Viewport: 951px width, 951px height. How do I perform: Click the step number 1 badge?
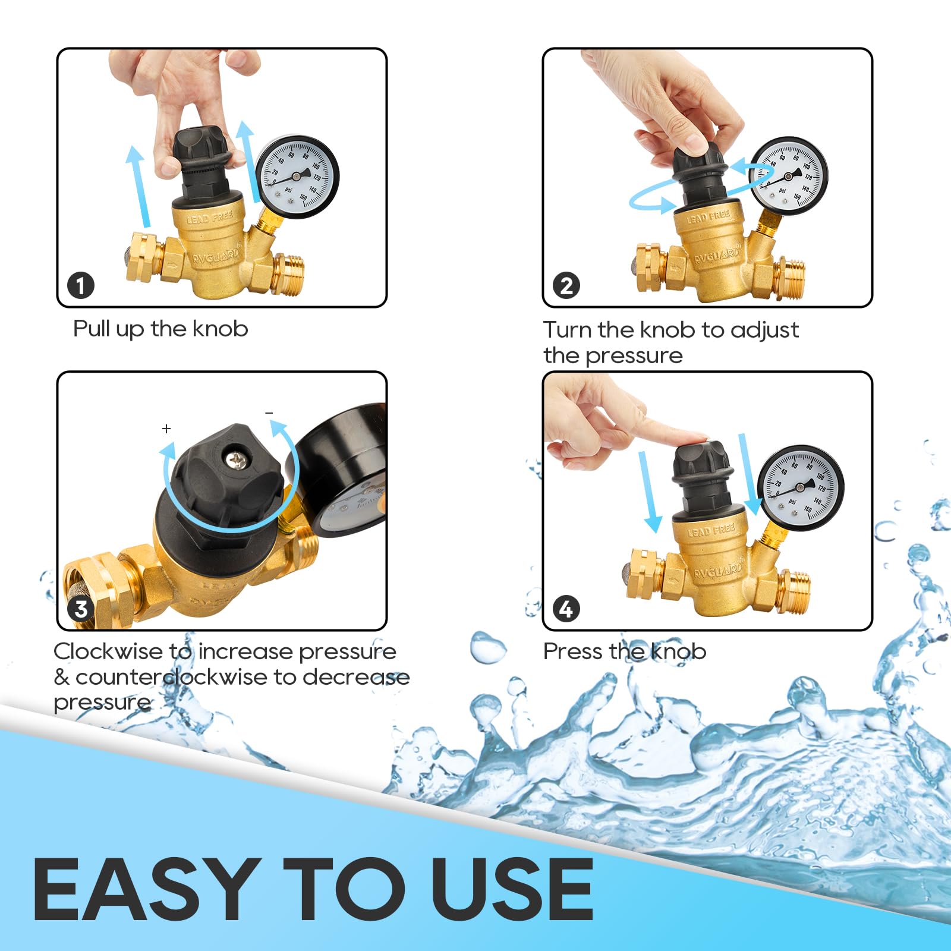(81, 285)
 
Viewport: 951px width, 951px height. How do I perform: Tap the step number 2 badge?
(566, 285)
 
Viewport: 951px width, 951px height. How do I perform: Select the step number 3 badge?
(81, 609)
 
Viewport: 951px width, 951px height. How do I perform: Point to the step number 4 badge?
(566, 609)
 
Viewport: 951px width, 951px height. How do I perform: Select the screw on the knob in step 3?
(236, 459)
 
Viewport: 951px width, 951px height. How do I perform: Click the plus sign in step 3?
(166, 429)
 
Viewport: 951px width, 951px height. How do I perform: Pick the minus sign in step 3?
(269, 412)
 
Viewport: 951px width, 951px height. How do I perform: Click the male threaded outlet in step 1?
(289, 273)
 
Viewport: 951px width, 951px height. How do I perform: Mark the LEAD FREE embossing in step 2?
(707, 216)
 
